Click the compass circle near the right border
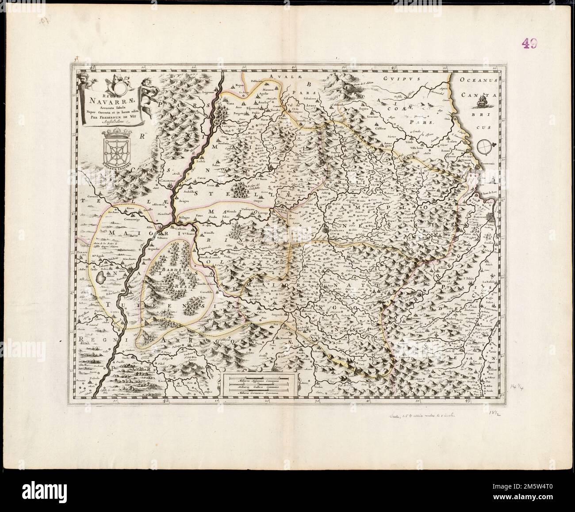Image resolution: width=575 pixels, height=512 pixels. click(486, 145)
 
